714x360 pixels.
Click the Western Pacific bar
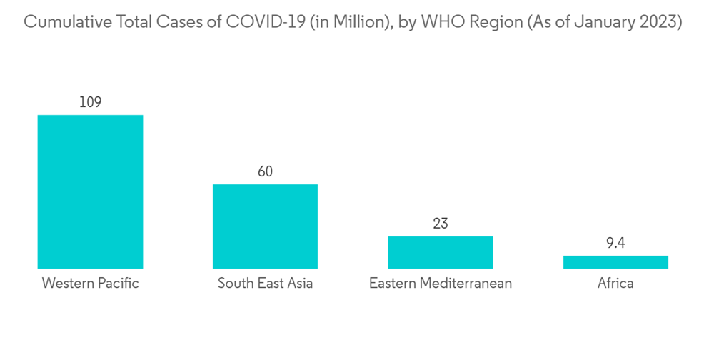(x=90, y=191)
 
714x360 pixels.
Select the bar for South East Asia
(x=265, y=226)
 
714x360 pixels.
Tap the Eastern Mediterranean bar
(x=440, y=252)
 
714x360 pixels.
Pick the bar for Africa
(x=615, y=262)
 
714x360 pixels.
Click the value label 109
(x=90, y=102)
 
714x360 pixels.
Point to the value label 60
(x=265, y=171)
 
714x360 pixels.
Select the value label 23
(x=440, y=224)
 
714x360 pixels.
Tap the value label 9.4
(x=615, y=244)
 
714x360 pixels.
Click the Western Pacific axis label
(x=90, y=284)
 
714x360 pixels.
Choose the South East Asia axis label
(x=265, y=284)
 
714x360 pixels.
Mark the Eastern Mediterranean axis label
(x=440, y=284)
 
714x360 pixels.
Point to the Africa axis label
(x=615, y=284)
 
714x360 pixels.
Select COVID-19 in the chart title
(x=258, y=22)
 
